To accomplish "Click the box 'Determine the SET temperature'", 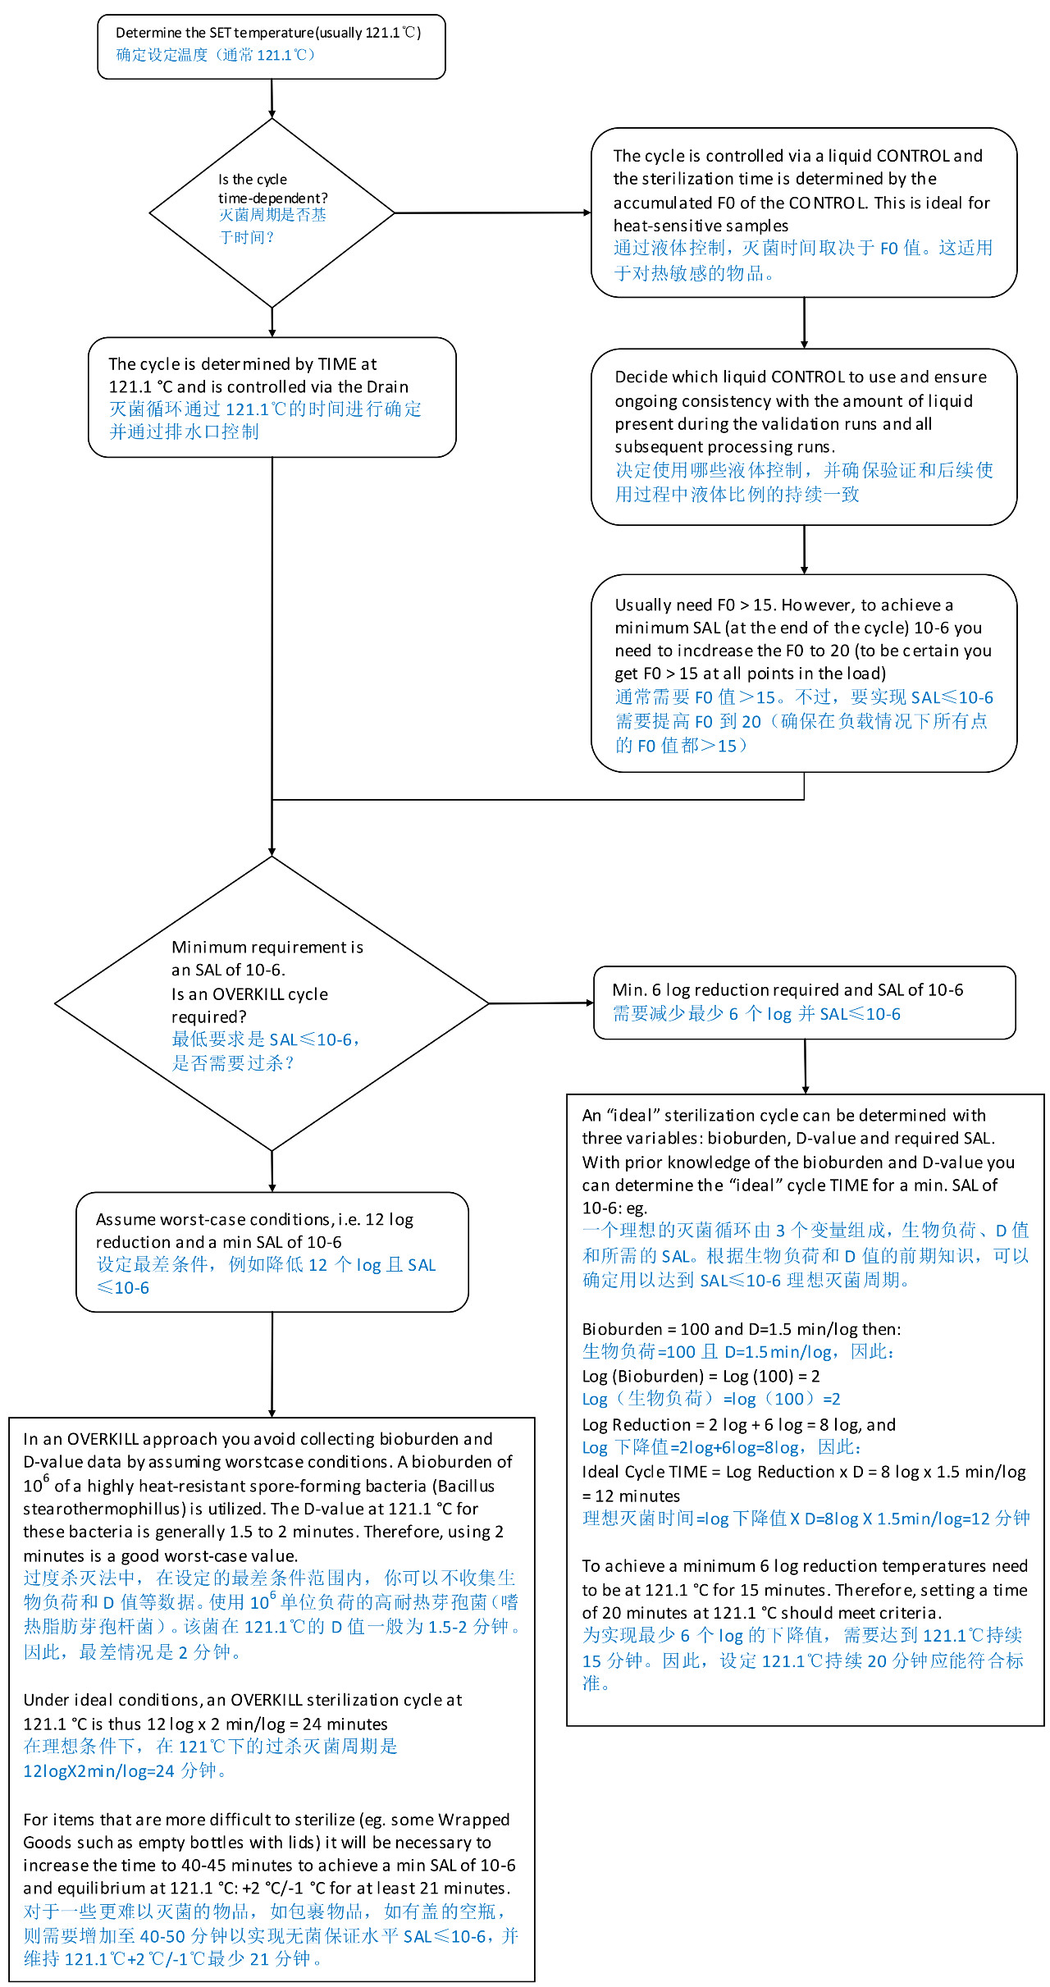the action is tap(272, 47).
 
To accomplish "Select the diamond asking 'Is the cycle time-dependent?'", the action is tap(272, 212).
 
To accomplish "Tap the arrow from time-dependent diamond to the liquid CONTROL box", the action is tap(492, 212).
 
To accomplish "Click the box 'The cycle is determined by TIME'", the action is tap(272, 397).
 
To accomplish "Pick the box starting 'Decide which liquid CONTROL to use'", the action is tap(804, 436).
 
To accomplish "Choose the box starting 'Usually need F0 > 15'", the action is tap(804, 673).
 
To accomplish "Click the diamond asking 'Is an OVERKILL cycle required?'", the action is tap(272, 1003).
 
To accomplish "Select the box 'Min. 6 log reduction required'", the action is tap(805, 1003).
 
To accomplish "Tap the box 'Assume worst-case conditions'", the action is tap(272, 1252).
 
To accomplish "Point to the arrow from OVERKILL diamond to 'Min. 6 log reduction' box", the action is tap(541, 1003).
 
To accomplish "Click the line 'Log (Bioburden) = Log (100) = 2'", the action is tap(701, 1376).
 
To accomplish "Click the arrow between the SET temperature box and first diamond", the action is tap(272, 98).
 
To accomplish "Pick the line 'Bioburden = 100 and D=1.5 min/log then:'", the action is tap(742, 1329).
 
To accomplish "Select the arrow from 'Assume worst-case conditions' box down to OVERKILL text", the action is tap(272, 1364).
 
